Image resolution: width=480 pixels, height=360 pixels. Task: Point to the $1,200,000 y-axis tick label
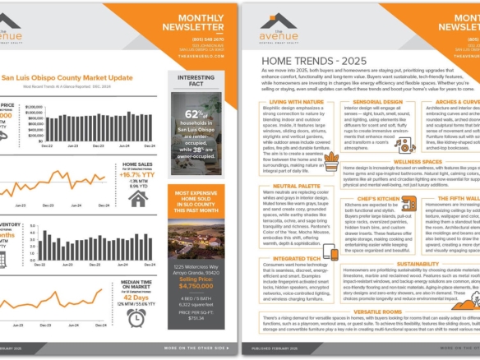[x=36, y=108]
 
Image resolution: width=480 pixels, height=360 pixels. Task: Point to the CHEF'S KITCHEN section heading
[x=378, y=198]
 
